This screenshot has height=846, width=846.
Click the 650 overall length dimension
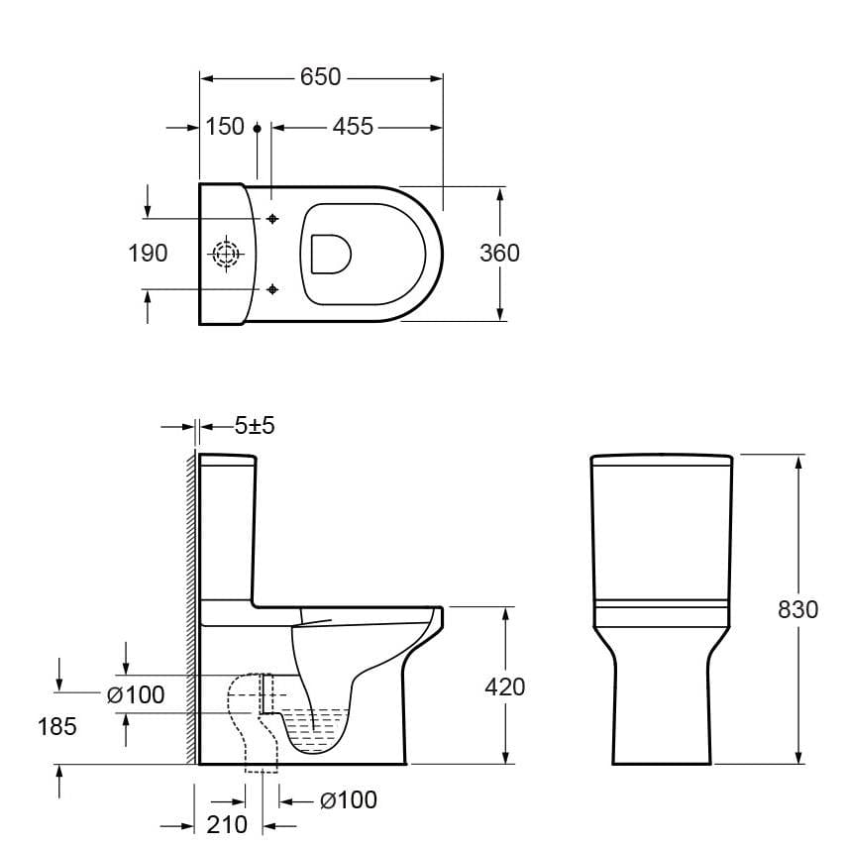tap(320, 76)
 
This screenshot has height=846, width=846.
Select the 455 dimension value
tap(353, 127)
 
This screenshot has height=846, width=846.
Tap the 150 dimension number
tap(225, 127)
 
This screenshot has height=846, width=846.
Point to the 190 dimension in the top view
tap(148, 254)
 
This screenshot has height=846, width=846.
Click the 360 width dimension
tap(499, 254)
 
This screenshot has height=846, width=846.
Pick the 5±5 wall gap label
tap(255, 426)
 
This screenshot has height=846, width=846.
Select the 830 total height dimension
tap(797, 609)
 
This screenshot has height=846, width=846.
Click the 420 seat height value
tap(505, 687)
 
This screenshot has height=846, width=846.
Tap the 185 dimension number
tap(57, 726)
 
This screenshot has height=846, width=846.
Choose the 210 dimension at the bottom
tap(228, 824)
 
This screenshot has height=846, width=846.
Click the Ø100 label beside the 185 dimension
tap(136, 695)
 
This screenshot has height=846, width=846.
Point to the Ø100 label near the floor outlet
tap(348, 799)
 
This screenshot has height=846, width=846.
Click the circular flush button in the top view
tap(227, 255)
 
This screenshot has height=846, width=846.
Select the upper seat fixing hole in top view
tap(273, 218)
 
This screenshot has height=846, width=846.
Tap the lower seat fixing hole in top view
tap(273, 288)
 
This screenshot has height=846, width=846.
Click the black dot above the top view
tap(257, 128)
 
